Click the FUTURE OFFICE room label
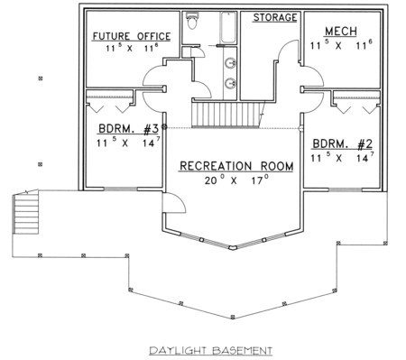tap(132, 36)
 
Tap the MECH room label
tap(341, 31)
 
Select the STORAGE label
tap(275, 17)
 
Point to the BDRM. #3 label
tap(128, 129)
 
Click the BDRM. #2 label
tap(342, 144)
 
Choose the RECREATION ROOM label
tap(236, 166)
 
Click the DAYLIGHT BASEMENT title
tap(210, 350)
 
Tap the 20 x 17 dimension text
tap(236, 180)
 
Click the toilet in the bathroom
tap(192, 21)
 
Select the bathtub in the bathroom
tap(228, 28)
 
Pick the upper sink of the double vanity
tap(231, 63)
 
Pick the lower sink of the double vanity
tap(231, 83)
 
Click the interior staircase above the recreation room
tap(227, 115)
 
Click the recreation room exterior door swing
tap(174, 203)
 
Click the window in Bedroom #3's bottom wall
tap(121, 189)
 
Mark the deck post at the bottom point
tap(232, 317)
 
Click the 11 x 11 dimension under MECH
tap(341, 45)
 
